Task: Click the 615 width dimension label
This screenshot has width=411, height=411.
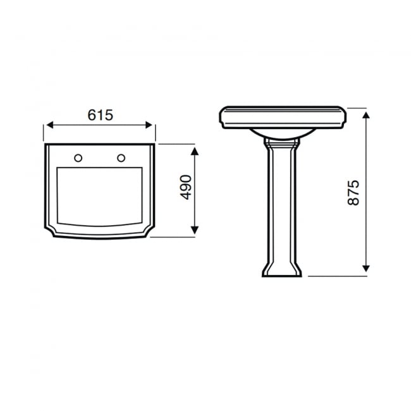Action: tap(100, 115)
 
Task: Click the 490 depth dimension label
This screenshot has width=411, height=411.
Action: tap(185, 187)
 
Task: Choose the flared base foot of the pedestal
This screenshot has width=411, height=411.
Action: tap(281, 271)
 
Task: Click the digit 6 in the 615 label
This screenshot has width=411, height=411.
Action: tap(91, 115)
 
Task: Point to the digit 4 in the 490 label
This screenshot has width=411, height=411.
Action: tap(185, 196)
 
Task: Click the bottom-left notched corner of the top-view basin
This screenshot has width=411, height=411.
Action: tap(51, 231)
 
